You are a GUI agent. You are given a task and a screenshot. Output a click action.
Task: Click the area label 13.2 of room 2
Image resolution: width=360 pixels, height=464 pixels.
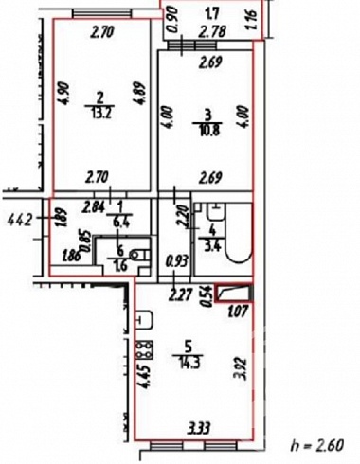click(x=99, y=113)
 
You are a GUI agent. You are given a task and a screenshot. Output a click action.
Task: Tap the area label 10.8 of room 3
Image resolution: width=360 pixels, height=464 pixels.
click(x=207, y=130)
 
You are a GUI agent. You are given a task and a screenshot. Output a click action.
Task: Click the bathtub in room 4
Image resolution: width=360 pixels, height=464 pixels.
click(x=239, y=233)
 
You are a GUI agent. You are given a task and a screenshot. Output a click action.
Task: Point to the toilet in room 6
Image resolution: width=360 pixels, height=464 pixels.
click(x=142, y=255)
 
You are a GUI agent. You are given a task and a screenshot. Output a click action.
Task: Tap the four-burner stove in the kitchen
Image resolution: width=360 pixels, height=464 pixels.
click(x=144, y=350)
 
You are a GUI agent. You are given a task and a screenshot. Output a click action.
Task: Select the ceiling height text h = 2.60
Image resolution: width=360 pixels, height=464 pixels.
click(x=316, y=445)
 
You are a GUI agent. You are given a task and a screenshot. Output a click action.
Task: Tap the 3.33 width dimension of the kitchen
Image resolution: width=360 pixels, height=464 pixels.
click(x=199, y=429)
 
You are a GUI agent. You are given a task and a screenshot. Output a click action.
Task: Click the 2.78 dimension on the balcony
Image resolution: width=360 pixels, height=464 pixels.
click(x=214, y=31)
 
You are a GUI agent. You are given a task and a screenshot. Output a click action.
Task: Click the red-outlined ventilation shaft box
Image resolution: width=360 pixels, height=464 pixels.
click(x=234, y=293)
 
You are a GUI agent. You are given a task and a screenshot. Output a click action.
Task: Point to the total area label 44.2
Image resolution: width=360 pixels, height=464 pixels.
click(x=20, y=220)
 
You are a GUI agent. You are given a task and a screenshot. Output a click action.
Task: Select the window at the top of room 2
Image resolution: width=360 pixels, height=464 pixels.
click(x=102, y=13)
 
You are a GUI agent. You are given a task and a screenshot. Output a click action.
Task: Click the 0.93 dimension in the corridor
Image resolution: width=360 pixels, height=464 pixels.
click(x=177, y=260)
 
